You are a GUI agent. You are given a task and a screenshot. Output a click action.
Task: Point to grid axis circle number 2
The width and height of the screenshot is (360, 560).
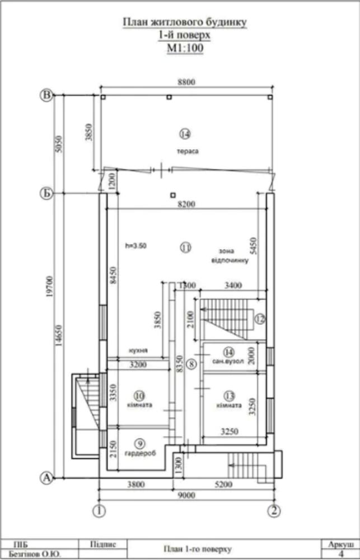tap(274, 511)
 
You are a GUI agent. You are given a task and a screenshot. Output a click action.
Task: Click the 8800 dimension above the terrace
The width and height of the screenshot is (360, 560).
tap(186, 82)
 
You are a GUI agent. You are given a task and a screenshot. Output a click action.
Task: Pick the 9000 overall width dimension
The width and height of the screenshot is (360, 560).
tap(186, 495)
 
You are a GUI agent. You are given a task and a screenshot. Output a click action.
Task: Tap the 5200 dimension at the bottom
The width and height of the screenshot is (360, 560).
tap(223, 484)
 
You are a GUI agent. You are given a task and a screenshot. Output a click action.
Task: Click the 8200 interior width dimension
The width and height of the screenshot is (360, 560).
tap(186, 204)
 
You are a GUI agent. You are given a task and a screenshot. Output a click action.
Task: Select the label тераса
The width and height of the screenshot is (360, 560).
tap(188, 151)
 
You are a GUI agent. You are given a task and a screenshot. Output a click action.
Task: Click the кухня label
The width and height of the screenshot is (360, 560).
tap(138, 351)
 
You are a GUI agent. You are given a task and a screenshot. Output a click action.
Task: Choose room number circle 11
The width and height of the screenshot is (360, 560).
tap(186, 247)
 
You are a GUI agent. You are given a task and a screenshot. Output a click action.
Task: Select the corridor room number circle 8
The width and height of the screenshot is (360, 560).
tap(192, 365)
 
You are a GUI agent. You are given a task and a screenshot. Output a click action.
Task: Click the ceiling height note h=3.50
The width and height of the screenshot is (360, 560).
tap(136, 246)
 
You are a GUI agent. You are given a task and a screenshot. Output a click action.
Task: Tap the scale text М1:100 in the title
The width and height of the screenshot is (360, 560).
tap(185, 48)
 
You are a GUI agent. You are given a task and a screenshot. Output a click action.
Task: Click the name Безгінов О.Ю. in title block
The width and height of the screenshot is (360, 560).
tap(34, 554)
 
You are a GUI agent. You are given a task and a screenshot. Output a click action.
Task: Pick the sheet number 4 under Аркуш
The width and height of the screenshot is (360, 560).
tap(341, 554)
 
